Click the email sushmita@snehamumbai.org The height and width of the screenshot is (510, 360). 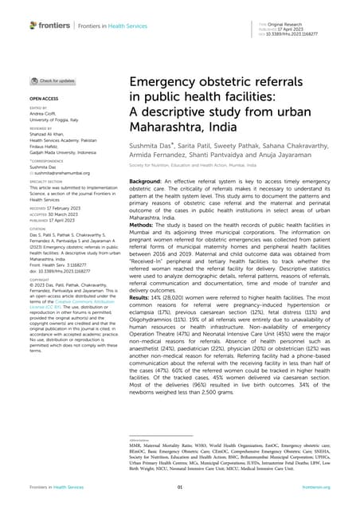(x=61, y=171)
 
